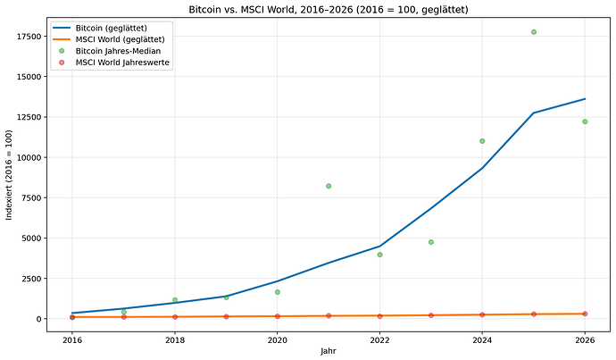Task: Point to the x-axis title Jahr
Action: pyautogui.click(x=328, y=352)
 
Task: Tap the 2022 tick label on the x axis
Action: pyautogui.click(x=379, y=339)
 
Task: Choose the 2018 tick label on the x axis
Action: pyautogui.click(x=175, y=339)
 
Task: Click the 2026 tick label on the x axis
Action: pyautogui.click(x=585, y=339)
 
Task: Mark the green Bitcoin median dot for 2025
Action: pyautogui.click(x=534, y=32)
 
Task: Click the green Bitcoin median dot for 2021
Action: pyautogui.click(x=329, y=186)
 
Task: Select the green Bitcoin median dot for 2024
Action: pyautogui.click(x=482, y=141)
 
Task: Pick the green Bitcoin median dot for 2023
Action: pyautogui.click(x=431, y=242)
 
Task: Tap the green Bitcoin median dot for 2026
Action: pyautogui.click(x=585, y=121)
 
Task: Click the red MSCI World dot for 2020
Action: pyautogui.click(x=278, y=316)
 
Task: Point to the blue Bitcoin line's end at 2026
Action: pyautogui.click(x=585, y=99)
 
